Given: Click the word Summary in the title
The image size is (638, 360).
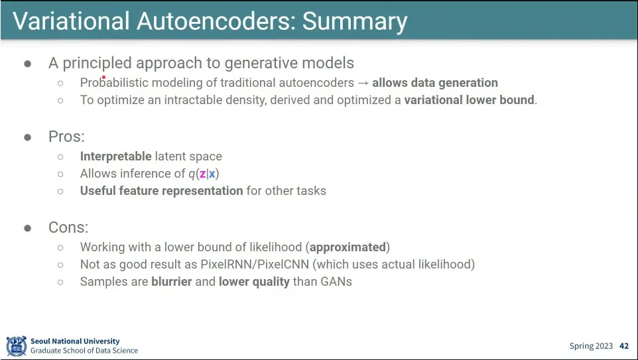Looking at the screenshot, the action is click(x=355, y=21).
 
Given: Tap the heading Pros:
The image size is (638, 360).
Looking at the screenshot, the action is click(x=66, y=137).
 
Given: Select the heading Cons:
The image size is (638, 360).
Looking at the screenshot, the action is click(x=68, y=227).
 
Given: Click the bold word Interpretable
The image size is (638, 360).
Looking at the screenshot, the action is click(x=115, y=156).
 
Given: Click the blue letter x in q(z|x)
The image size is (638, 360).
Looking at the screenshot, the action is click(x=212, y=174).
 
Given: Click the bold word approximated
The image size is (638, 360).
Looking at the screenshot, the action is click(x=348, y=247).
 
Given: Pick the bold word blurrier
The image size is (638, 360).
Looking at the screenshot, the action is click(x=171, y=282).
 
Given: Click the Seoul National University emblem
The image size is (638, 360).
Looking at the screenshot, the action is click(x=16, y=345).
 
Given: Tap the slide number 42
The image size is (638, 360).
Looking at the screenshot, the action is click(x=624, y=346).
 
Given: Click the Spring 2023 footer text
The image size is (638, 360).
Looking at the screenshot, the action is click(x=591, y=346).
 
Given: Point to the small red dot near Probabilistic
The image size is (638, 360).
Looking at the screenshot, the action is click(x=104, y=77).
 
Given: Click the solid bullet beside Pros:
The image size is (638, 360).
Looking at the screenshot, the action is click(x=28, y=137).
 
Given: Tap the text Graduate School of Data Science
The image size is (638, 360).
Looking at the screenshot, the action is click(x=84, y=351).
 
